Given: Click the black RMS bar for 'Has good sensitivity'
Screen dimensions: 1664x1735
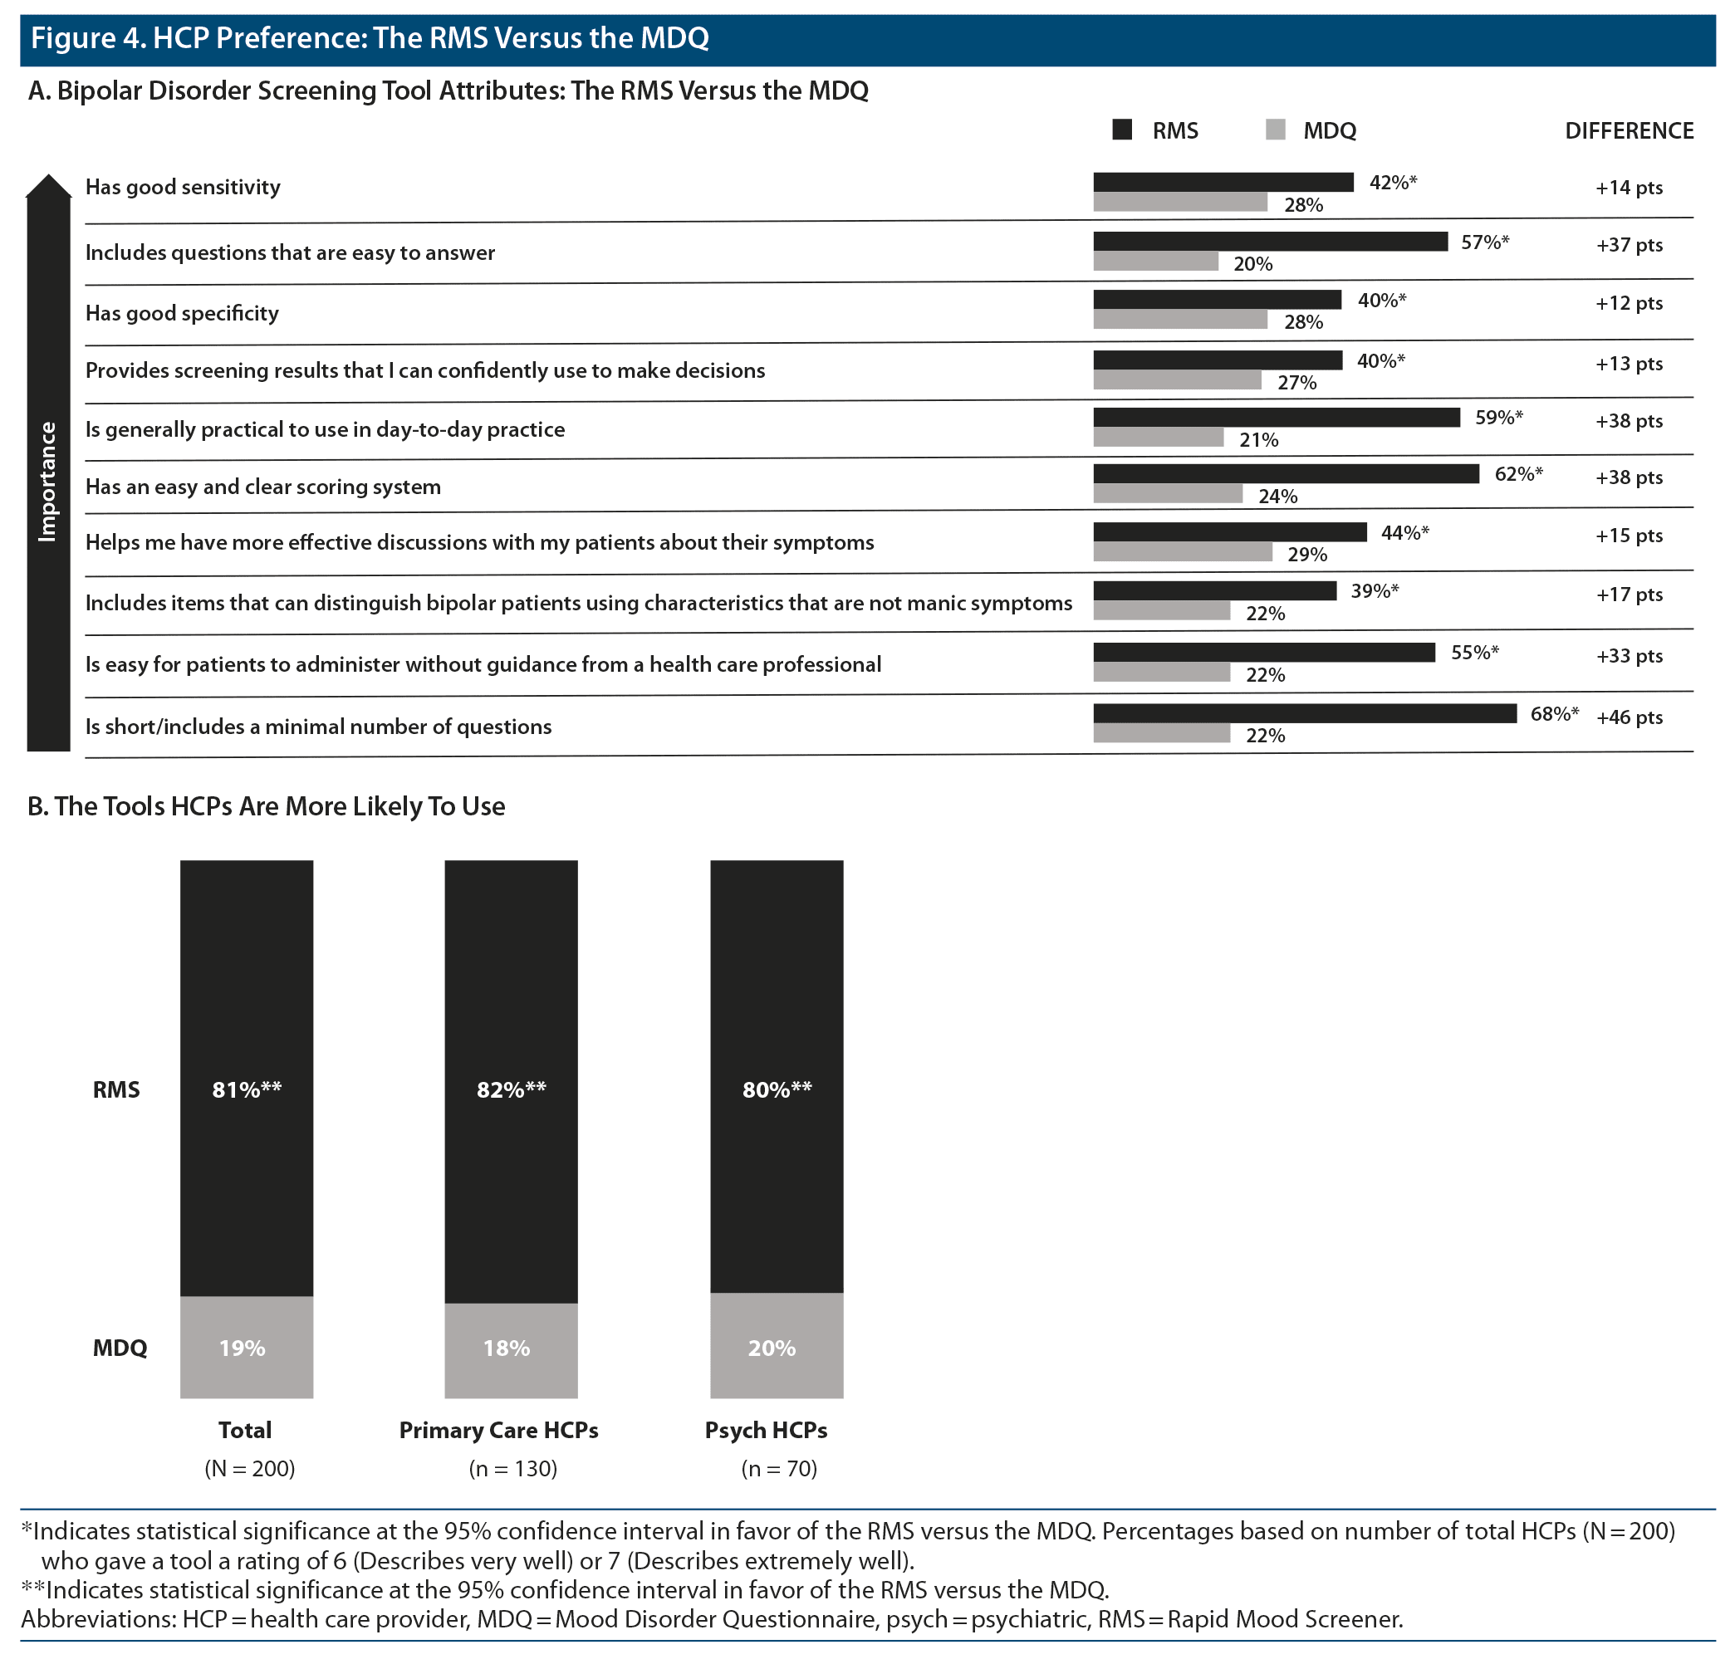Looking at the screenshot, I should point(1223,183).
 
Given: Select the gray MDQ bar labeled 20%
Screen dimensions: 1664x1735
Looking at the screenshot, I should point(1155,261).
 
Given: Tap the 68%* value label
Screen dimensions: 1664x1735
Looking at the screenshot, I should point(1554,714).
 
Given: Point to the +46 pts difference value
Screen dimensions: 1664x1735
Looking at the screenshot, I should point(1629,717).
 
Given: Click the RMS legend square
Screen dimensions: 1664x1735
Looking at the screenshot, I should point(1122,130).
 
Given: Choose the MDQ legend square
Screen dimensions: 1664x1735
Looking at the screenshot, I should point(1276,130).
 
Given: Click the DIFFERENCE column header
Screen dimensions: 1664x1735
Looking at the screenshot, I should point(1629,131).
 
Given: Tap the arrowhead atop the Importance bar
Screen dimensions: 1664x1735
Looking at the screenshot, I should point(49,185).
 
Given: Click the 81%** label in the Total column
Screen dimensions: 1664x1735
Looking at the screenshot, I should point(246,1089).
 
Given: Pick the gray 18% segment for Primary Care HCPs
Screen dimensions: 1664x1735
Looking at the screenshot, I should point(511,1349).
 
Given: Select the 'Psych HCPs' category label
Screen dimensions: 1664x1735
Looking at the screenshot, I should point(766,1431).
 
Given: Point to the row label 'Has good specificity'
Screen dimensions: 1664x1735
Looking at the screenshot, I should point(181,313).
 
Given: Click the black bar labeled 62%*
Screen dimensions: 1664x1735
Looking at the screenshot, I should point(1286,474).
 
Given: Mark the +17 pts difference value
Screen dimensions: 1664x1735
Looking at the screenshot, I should point(1629,595).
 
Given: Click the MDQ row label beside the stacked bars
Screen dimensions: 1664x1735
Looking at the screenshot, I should point(120,1348).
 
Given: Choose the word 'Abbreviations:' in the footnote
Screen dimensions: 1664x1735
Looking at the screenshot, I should point(98,1619).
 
